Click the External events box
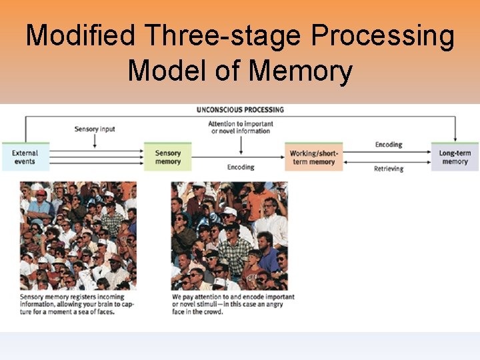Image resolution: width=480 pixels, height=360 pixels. pos(25,157)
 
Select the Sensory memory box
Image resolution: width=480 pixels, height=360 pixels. pos(168,157)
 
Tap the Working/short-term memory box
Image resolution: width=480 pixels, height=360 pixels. pos(313,157)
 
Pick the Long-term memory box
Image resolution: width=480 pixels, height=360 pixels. pos(455,157)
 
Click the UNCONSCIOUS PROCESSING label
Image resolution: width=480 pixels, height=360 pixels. pos(240,109)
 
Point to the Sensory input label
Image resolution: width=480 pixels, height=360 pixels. pos(95,129)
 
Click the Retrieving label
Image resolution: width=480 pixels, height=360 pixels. pos(388,169)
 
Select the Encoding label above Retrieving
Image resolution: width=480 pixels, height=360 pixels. pos(388,144)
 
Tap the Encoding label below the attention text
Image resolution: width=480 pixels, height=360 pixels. pos(240,167)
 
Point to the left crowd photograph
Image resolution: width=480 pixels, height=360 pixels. pos(78,235)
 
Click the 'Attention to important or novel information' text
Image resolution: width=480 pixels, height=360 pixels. pos(240,127)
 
